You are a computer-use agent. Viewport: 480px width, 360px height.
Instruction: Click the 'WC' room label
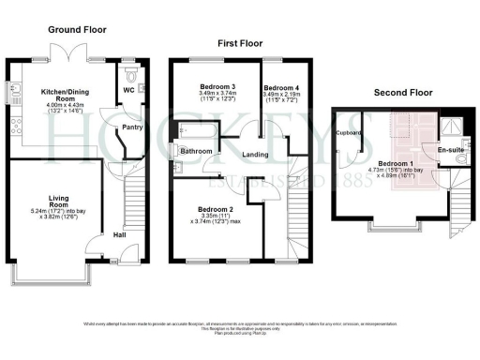pyautogui.click(x=128, y=91)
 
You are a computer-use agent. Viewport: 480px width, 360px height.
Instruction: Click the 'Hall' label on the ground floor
pyautogui.click(x=120, y=234)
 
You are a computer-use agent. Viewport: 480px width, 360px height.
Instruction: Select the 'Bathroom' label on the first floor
pyautogui.click(x=196, y=151)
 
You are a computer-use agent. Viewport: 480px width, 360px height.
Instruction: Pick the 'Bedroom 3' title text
pyautogui.click(x=217, y=86)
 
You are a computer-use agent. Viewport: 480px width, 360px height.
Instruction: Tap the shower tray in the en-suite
pyautogui.click(x=454, y=127)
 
